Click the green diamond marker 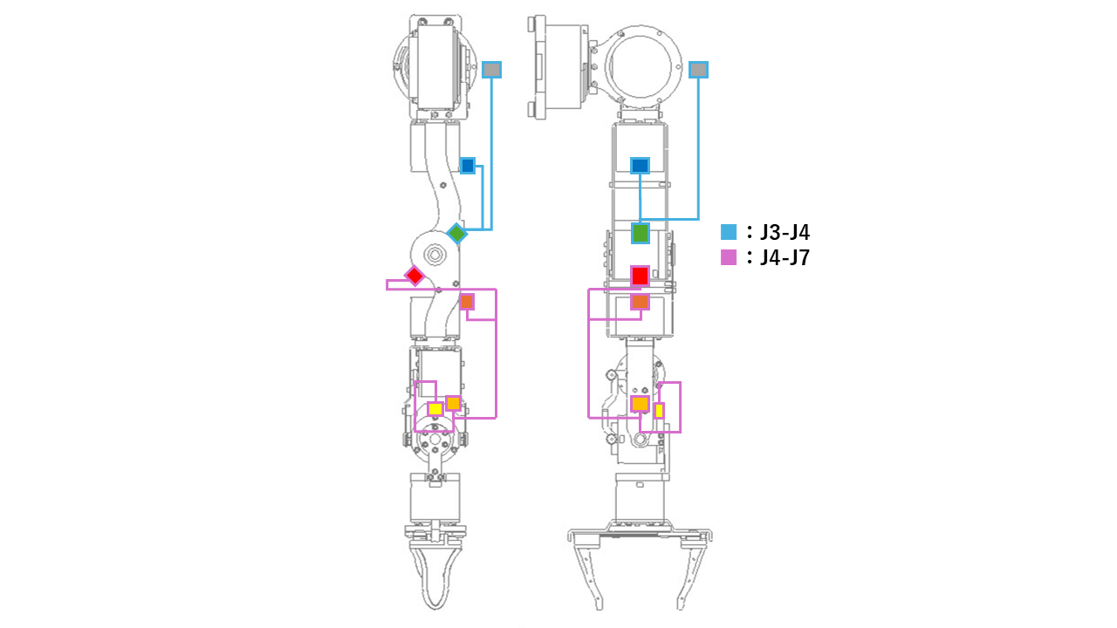pyautogui.click(x=456, y=233)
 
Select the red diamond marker pyautogui.click(x=415, y=276)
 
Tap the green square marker pyautogui.click(x=641, y=233)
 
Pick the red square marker pyautogui.click(x=640, y=276)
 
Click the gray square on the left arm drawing pyautogui.click(x=492, y=70)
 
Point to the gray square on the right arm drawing pyautogui.click(x=698, y=70)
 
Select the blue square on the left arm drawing pyautogui.click(x=468, y=165)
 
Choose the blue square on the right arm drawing pyautogui.click(x=640, y=165)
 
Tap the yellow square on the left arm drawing pyautogui.click(x=435, y=409)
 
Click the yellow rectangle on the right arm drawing pyautogui.click(x=659, y=410)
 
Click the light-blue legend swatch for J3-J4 pyautogui.click(x=729, y=232)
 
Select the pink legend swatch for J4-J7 pyautogui.click(x=729, y=257)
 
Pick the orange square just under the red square pyautogui.click(x=640, y=302)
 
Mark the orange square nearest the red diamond pyautogui.click(x=467, y=302)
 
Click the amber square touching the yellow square pyautogui.click(x=453, y=403)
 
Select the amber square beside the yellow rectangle pyautogui.click(x=640, y=404)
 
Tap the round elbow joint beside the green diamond pyautogui.click(x=434, y=255)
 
